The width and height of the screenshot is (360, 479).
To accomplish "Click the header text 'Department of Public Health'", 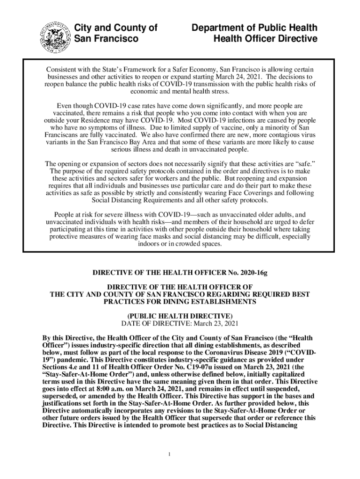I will [x=254, y=28].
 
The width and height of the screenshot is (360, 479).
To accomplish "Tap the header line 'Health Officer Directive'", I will [x=265, y=39].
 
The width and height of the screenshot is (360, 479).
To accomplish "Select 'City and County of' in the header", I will [x=116, y=28].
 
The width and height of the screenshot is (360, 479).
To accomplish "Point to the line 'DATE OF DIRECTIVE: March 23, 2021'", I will [x=180, y=323].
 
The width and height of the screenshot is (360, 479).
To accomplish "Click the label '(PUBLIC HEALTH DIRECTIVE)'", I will [x=180, y=316].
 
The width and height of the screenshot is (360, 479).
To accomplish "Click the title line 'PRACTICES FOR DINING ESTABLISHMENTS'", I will [x=180, y=302].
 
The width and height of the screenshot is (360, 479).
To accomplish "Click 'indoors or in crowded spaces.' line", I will [x=180, y=244].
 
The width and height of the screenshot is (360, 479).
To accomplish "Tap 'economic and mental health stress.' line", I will [x=180, y=92].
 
